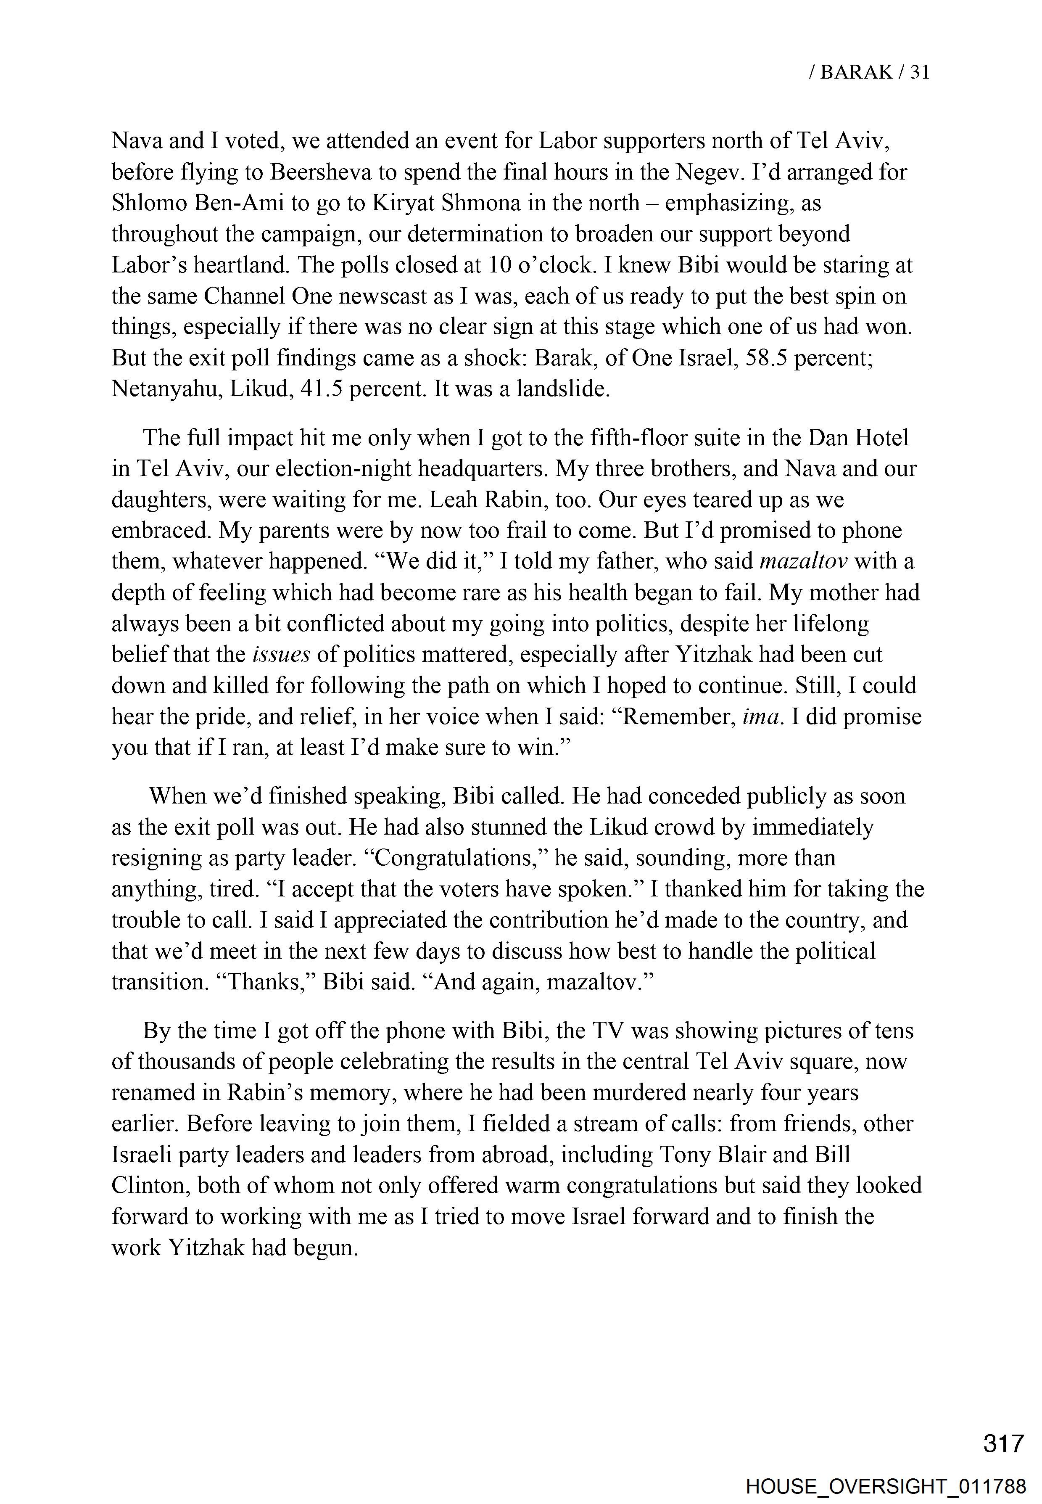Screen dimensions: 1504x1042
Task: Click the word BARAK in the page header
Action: (856, 72)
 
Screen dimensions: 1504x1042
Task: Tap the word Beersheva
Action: (318, 172)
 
